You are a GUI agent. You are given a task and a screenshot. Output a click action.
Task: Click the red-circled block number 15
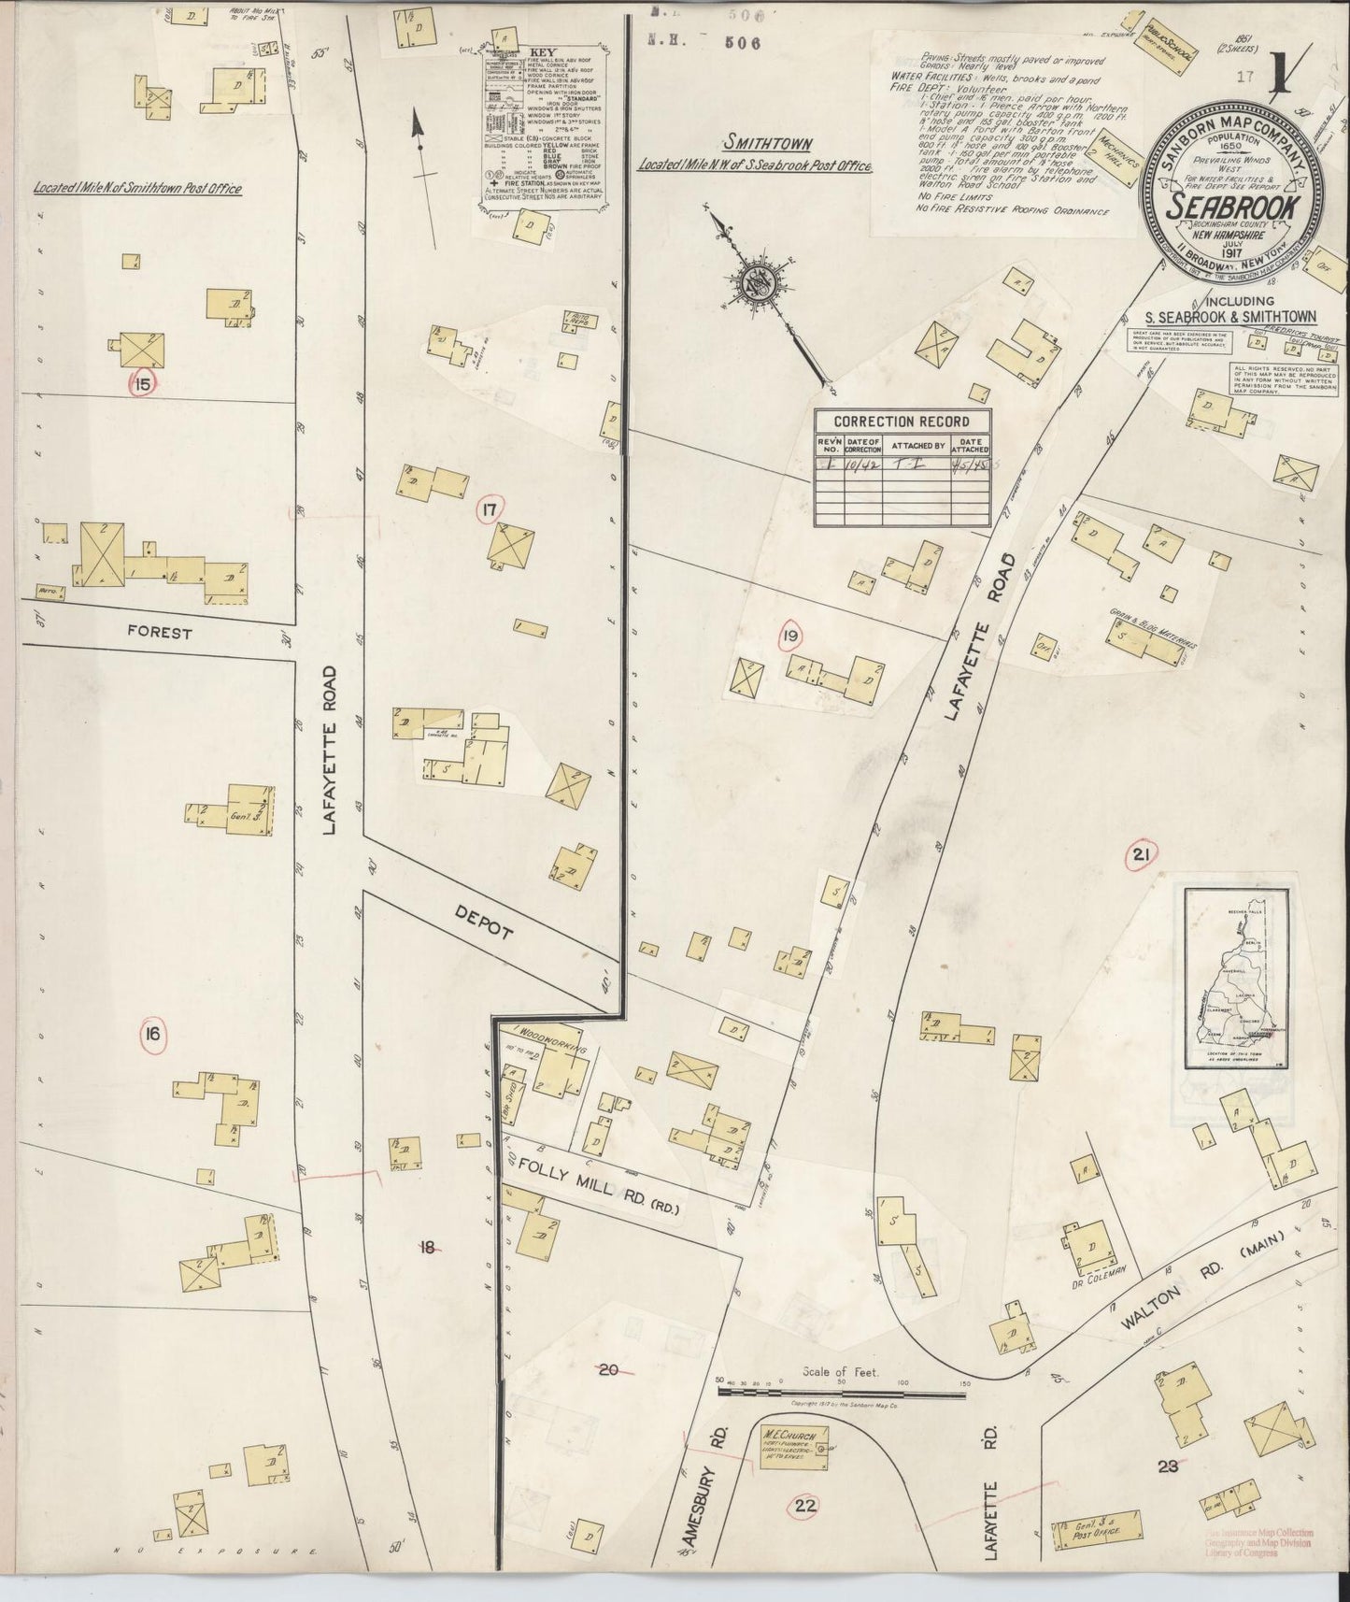pos(143,382)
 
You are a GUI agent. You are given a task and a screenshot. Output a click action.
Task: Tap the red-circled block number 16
pos(152,1034)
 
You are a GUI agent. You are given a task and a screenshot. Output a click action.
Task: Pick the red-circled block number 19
pos(791,636)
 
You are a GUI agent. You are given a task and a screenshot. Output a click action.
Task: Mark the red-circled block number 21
pos(1140,853)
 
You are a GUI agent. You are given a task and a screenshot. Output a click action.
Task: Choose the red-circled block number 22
pos(805,1505)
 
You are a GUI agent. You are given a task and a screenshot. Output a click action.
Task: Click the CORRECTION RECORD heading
pos(901,422)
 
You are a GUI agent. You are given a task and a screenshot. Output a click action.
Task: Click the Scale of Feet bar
pos(841,1392)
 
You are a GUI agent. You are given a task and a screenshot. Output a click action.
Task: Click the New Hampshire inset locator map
pos(1237,978)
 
